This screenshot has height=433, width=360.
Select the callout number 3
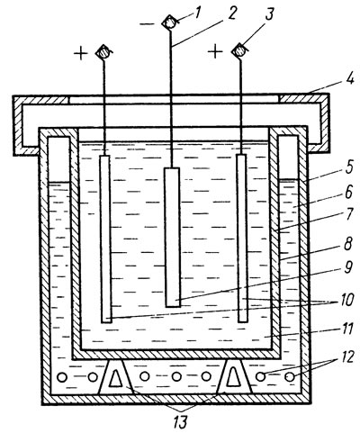269,14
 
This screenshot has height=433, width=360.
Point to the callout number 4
349,80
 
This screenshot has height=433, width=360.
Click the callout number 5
349,168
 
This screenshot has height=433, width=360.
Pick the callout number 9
347,267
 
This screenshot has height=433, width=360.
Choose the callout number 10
347,300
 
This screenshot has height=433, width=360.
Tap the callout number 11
347,329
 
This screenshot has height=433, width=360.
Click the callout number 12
346,357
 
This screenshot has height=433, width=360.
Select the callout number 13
180,422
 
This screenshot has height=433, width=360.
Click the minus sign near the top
148,23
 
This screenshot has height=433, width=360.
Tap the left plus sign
81,54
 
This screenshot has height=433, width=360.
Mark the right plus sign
215,52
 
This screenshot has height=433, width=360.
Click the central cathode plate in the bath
172,238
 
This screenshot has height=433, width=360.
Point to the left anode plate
105,239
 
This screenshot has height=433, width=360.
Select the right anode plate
242,239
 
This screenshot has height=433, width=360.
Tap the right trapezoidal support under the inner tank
234,376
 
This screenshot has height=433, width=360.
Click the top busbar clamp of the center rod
169,23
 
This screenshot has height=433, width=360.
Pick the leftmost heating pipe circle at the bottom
62,377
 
